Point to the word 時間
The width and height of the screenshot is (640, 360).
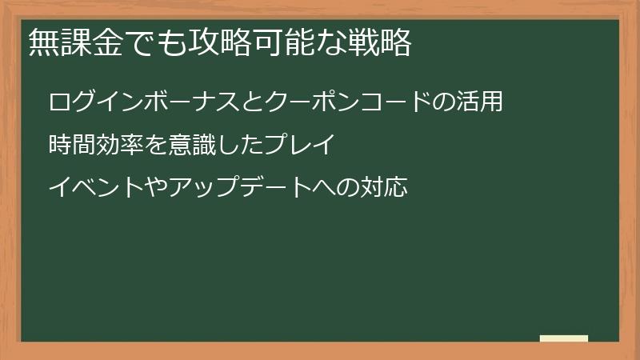coord(71,146)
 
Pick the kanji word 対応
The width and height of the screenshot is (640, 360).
coord(385,188)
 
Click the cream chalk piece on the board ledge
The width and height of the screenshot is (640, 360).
coord(563,338)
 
